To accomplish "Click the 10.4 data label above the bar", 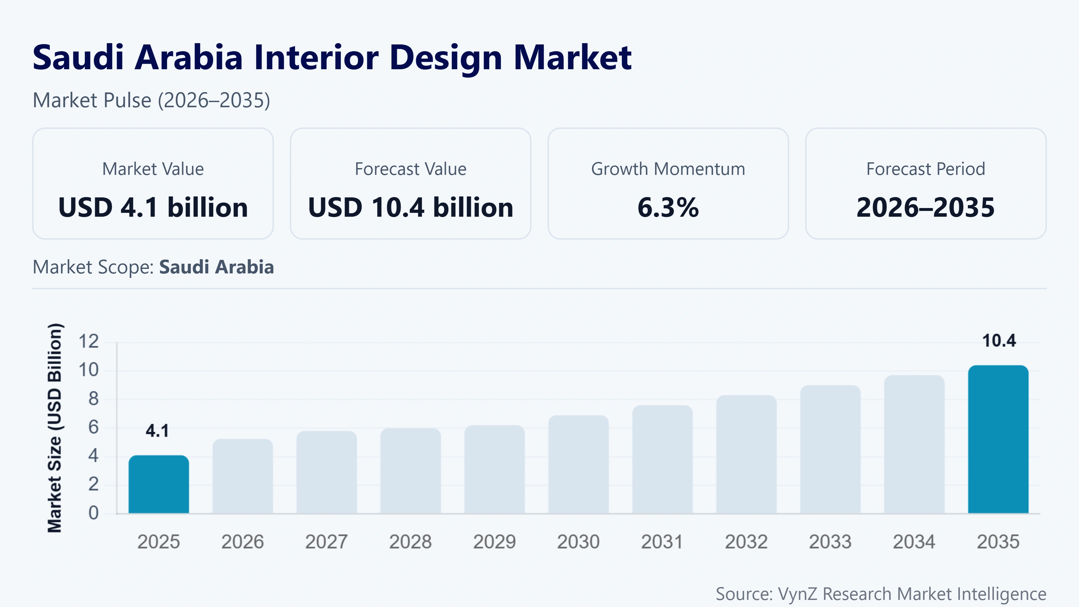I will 999,341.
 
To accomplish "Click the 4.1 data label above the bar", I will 157,431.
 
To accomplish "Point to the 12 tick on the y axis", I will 89,341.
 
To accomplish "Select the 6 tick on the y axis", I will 93,427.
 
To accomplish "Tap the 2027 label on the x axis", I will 326,542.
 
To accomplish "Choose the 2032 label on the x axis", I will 746,542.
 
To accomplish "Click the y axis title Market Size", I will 55,427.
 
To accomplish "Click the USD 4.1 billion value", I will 153,207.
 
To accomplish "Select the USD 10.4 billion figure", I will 410,207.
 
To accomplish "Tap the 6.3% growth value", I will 668,207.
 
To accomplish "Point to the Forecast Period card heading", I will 926,169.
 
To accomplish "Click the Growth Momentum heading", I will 668,169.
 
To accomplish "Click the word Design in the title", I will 446,58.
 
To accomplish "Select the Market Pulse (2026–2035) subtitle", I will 151,100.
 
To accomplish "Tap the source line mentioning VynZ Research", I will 881,593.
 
